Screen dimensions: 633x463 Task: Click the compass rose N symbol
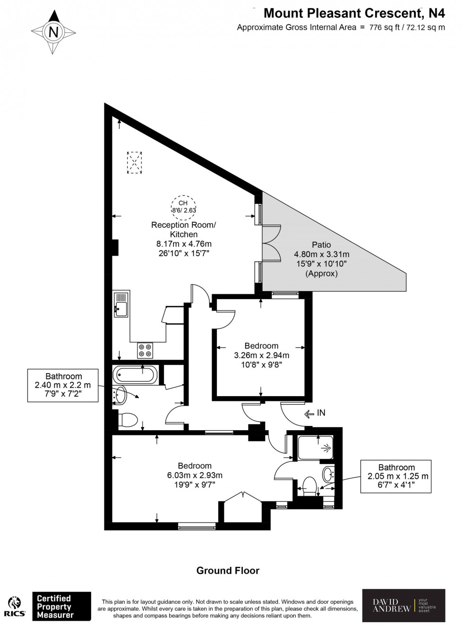53,32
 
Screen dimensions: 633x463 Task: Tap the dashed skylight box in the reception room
135,163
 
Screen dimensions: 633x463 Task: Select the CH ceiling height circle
183,207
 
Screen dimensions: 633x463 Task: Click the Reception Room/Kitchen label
183,229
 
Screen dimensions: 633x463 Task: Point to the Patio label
321,245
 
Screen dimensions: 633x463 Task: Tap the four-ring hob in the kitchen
145,350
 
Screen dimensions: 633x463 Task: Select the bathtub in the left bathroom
135,375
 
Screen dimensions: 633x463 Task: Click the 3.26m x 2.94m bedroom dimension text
261,355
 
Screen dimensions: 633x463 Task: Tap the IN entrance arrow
315,413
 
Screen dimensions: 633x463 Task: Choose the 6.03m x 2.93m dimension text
195,475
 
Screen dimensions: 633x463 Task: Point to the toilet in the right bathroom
309,485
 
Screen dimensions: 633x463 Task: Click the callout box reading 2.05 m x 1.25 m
396,476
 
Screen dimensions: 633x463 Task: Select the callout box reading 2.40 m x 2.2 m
63,385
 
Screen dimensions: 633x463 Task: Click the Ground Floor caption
228,570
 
